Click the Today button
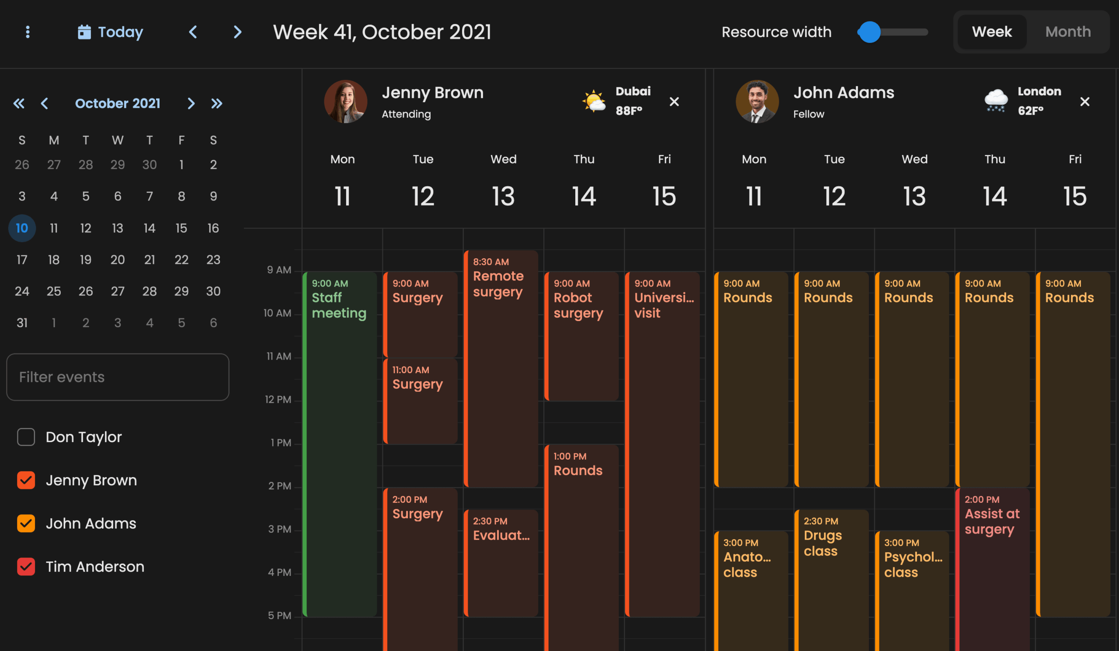pyautogui.click(x=111, y=32)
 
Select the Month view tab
pyautogui.click(x=1067, y=32)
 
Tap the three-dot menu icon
pyautogui.click(x=28, y=32)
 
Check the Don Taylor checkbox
pyautogui.click(x=26, y=437)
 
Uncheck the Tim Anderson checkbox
pyautogui.click(x=26, y=567)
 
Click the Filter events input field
pyautogui.click(x=118, y=377)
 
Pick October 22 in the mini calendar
pyautogui.click(x=181, y=260)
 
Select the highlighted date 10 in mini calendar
pyautogui.click(x=22, y=228)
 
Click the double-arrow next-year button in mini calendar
pyautogui.click(x=217, y=104)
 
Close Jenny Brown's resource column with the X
pyautogui.click(x=674, y=102)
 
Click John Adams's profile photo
pyautogui.click(x=757, y=102)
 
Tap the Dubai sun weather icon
pyautogui.click(x=594, y=101)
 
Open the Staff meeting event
pyautogui.click(x=340, y=399)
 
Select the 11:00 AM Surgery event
pyautogui.click(x=420, y=399)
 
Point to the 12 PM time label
pyautogui.click(x=278, y=399)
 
